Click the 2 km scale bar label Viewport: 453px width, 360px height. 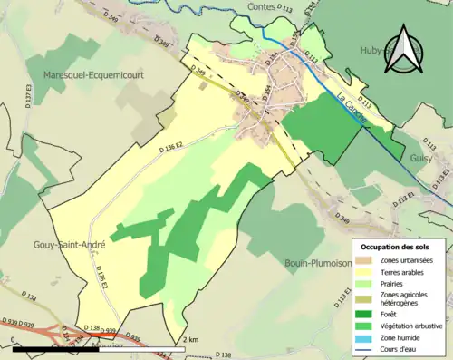pos(190,339)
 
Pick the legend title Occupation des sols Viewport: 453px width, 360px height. pos(396,221)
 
